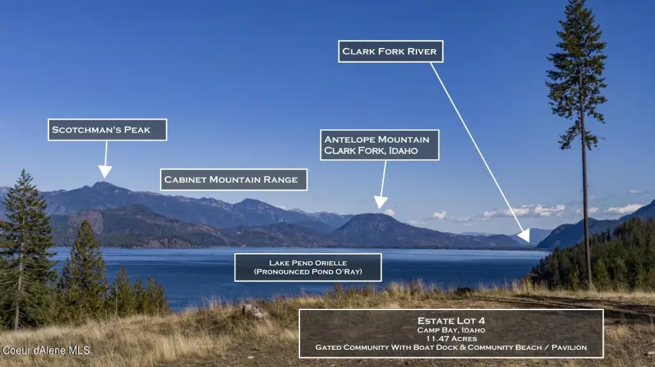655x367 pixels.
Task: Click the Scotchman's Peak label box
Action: pos(107,129)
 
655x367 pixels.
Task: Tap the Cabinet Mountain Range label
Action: pos(233,180)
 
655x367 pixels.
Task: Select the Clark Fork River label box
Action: pos(391,51)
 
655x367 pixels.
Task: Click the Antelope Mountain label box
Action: pos(380,145)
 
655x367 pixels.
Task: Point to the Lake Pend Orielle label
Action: pos(308,267)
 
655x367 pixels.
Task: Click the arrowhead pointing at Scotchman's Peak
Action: pos(105,171)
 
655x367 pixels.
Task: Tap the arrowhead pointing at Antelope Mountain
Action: pos(380,203)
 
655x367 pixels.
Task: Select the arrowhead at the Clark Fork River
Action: pos(525,235)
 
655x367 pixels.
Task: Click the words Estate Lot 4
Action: pos(451,321)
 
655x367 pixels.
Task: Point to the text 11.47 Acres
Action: pos(451,339)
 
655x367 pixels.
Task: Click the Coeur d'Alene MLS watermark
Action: pos(45,350)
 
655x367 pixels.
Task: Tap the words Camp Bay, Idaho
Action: pos(451,330)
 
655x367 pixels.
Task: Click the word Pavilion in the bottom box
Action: pos(569,347)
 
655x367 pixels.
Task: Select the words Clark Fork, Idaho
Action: pos(371,151)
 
